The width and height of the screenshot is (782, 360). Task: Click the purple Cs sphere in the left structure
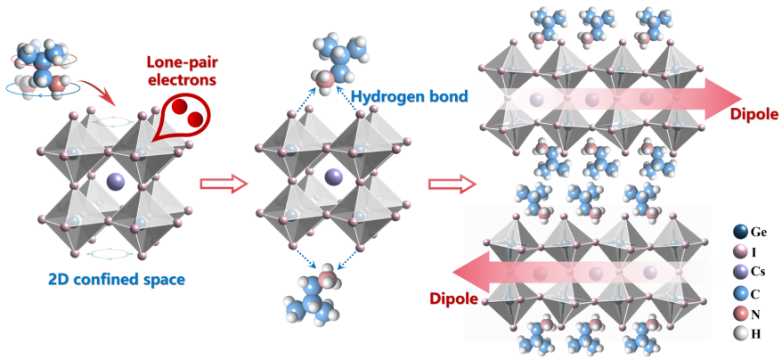[117, 181]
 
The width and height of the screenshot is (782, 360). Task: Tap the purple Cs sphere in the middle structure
[332, 176]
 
